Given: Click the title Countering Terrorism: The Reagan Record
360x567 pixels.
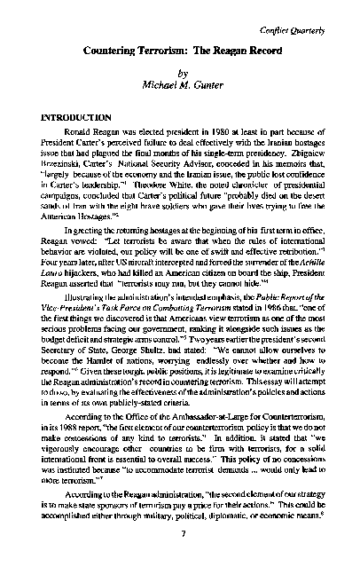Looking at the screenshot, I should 180,53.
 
